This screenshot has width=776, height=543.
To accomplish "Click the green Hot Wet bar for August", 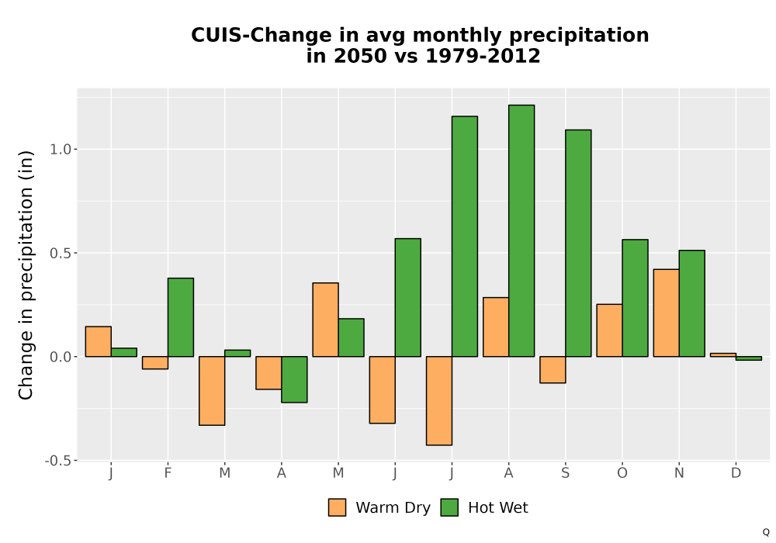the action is (521, 230).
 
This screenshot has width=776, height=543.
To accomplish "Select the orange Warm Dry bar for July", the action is (439, 400).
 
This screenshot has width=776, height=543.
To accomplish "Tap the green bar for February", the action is (181, 317).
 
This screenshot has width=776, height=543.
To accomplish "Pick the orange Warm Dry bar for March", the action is (212, 391).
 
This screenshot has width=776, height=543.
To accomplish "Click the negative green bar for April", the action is (294, 379).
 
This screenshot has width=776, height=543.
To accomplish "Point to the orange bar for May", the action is (326, 320).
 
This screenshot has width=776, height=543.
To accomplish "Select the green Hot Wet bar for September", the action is (578, 243).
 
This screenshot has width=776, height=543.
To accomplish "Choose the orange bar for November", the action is (666, 313).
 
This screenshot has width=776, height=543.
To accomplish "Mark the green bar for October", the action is (635, 298).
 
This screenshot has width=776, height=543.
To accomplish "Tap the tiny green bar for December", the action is (748, 358).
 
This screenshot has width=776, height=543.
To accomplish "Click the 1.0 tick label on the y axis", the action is (61, 150).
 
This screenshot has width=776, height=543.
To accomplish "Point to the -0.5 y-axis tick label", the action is (58, 461).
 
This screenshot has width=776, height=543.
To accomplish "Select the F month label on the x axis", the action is (168, 473).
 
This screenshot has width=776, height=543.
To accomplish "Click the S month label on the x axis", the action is (565, 473).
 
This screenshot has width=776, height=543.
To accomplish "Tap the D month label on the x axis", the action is (736, 473).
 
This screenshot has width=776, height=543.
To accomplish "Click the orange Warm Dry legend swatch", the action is (337, 507).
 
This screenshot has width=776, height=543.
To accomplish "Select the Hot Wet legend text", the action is (498, 508).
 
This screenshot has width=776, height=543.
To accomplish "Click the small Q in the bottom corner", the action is (766, 533).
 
